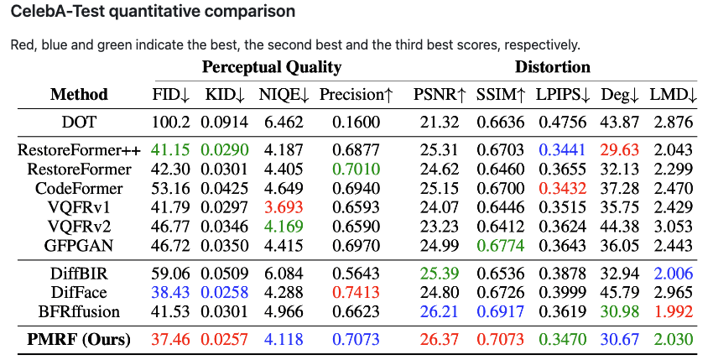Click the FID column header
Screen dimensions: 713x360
(x=170, y=95)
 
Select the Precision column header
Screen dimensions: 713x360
(x=356, y=95)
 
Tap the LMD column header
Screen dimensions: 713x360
(x=673, y=95)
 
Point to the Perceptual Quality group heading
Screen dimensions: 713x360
(x=272, y=67)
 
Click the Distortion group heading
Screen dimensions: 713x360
(x=553, y=67)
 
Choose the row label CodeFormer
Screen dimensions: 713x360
(x=79, y=189)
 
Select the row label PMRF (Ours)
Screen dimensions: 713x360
(x=79, y=340)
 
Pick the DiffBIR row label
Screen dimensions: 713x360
(x=79, y=274)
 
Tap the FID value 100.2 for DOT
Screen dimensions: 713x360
(x=170, y=122)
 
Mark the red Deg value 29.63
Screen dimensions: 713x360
(x=620, y=149)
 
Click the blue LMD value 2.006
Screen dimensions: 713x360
(x=673, y=274)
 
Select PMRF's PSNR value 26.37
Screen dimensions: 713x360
(x=440, y=340)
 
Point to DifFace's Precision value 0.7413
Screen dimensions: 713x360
(x=356, y=293)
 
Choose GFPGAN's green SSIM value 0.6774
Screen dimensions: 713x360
(x=500, y=246)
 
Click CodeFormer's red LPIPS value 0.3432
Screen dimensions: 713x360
(x=563, y=189)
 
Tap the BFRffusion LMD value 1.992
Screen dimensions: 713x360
(x=673, y=312)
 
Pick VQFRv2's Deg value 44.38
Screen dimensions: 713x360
(x=620, y=227)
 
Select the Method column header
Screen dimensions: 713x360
(x=79, y=94)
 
